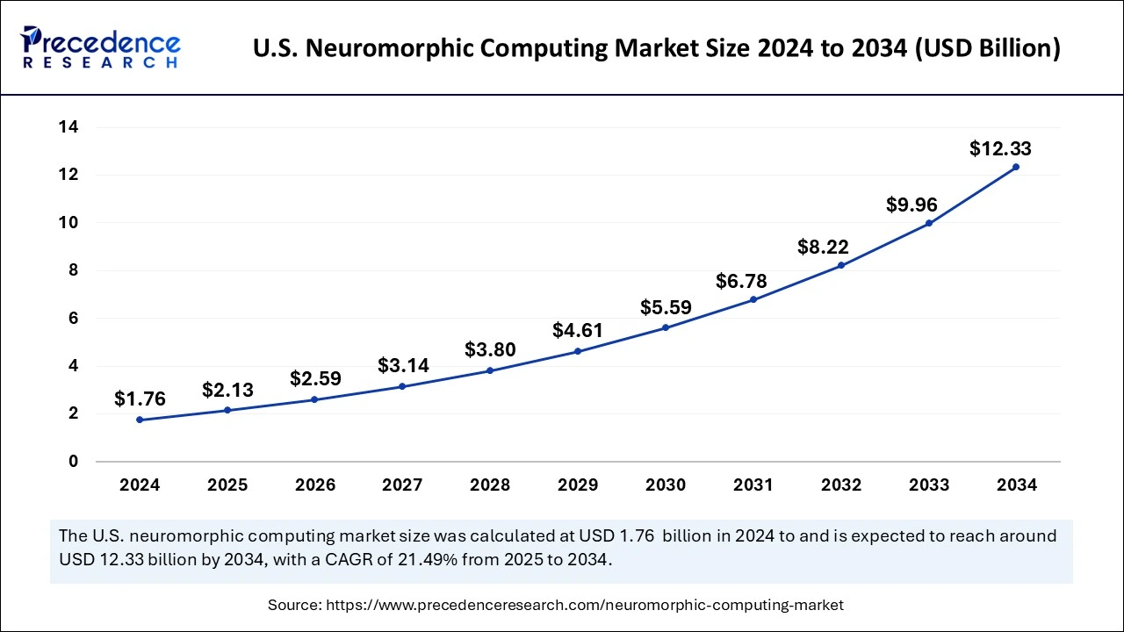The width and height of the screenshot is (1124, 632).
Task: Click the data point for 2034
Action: point(1016,167)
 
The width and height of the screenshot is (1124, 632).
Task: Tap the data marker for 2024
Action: point(140,420)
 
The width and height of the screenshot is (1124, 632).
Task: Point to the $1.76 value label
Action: point(140,399)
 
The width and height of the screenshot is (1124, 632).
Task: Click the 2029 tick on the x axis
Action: point(578,485)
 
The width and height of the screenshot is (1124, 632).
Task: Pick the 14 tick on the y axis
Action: point(68,127)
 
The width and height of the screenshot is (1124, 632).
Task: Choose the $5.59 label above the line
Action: point(666,308)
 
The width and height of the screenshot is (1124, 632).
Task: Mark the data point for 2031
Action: point(753,299)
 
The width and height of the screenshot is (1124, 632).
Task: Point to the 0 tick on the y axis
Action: point(73,461)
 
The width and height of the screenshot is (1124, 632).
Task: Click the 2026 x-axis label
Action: point(315,485)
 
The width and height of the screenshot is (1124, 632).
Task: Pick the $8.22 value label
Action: point(823,247)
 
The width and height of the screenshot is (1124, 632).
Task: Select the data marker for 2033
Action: point(929,223)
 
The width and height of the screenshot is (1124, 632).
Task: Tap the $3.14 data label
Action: point(403,366)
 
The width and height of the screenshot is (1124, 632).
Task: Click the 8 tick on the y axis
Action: point(73,270)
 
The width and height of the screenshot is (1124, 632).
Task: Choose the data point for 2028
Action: point(490,370)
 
